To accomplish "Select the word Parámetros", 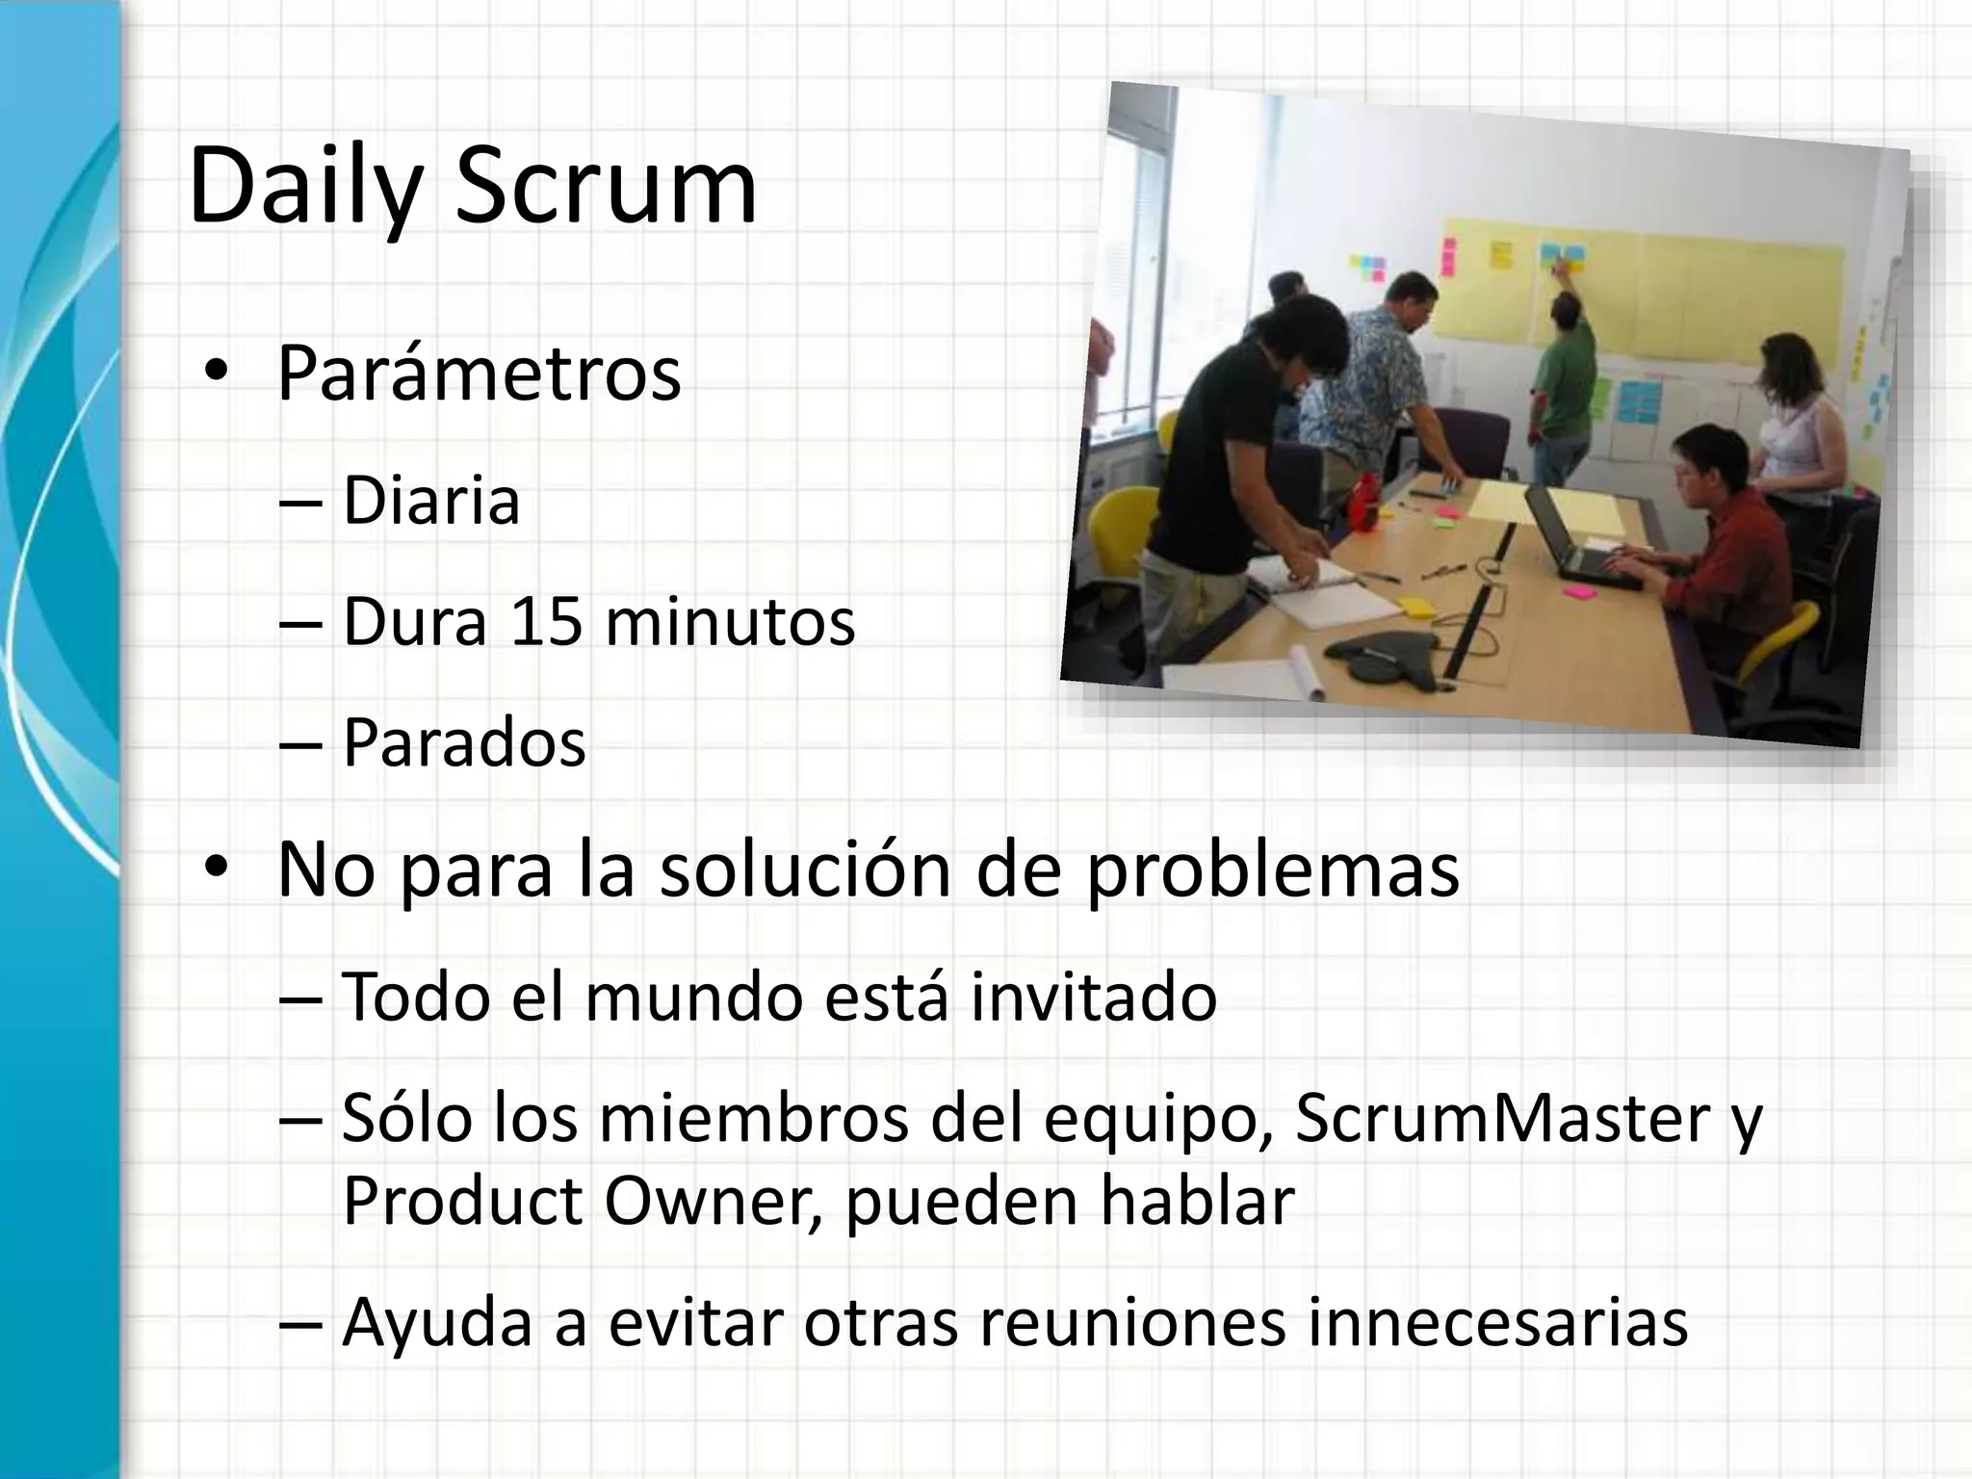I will [479, 374].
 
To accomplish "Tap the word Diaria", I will [430, 501].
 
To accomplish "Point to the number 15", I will [546, 621].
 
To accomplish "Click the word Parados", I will [463, 742].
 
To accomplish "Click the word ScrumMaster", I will [1502, 1118].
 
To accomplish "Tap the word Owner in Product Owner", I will [706, 1201].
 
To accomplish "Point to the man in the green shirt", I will [1565, 385].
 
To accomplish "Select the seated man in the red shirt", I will [1724, 539].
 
